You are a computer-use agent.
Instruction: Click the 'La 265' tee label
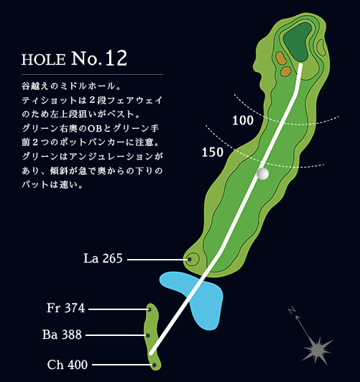(103, 258)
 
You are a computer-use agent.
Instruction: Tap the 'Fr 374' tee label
(65, 308)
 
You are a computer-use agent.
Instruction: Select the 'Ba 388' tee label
(62, 335)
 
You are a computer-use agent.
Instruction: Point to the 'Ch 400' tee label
(68, 365)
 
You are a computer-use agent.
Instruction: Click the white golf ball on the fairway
(263, 173)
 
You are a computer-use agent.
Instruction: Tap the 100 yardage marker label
(243, 120)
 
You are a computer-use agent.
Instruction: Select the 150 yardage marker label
(213, 153)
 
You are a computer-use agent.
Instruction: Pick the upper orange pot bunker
(281, 58)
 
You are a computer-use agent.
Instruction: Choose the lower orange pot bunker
(285, 71)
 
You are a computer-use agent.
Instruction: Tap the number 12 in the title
(116, 58)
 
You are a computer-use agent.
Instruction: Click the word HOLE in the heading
(44, 60)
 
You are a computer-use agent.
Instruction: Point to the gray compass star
(317, 350)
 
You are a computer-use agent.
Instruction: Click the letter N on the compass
(292, 310)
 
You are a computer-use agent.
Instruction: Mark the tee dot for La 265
(190, 260)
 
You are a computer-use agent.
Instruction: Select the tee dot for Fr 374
(149, 309)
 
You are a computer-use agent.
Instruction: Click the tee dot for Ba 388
(148, 335)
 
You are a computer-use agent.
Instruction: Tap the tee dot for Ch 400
(154, 365)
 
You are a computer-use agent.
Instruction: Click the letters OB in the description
(95, 128)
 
